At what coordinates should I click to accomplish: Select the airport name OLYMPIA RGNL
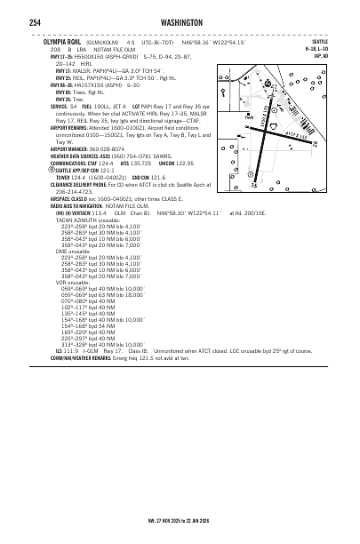tap(58, 41)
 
